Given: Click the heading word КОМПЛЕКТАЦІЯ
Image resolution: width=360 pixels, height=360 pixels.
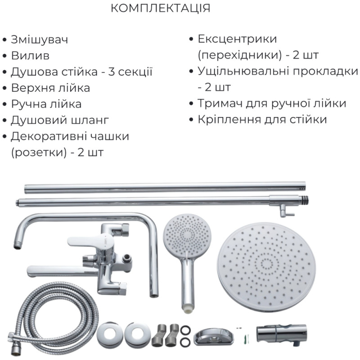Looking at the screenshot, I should (160, 9).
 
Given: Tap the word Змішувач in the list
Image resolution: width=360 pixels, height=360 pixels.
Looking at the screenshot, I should (39, 40).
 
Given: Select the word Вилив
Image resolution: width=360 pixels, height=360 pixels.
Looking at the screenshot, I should (30, 56).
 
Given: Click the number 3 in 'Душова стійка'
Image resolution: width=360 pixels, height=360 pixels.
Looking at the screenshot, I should (112, 72).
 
